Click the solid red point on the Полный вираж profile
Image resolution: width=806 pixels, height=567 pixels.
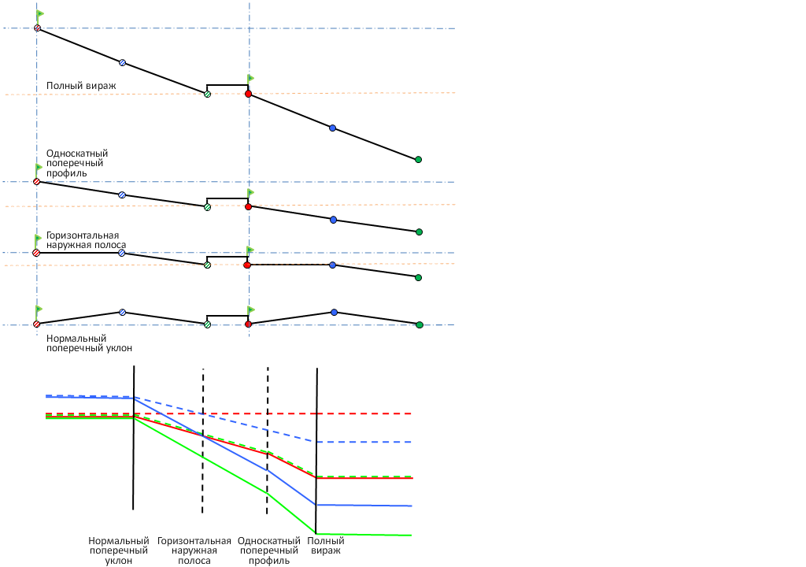point(248,94)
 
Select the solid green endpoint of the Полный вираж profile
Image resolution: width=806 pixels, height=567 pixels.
point(418,159)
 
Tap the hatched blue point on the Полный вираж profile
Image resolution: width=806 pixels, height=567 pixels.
point(122,62)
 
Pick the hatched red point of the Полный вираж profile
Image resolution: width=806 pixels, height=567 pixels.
point(37,28)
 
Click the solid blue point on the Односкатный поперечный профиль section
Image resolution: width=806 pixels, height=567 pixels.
point(333,220)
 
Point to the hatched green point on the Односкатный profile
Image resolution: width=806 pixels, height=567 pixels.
point(207,207)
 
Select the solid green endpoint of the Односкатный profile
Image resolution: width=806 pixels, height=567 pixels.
point(419,232)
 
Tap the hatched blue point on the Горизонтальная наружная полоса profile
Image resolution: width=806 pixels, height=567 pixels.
point(122,253)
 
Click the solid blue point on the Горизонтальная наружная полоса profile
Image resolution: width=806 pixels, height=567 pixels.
point(333,265)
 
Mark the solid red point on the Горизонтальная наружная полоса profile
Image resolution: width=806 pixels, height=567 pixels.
point(247,265)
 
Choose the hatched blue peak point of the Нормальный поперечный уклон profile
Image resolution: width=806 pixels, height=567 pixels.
point(122,312)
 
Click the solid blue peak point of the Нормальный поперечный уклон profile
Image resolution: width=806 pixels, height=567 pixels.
point(334,313)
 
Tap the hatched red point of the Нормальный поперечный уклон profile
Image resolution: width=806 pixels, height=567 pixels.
point(37,324)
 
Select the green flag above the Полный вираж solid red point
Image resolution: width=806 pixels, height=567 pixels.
point(251,78)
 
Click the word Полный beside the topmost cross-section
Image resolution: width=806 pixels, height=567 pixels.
point(61,85)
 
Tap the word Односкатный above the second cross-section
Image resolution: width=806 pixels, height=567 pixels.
point(77,154)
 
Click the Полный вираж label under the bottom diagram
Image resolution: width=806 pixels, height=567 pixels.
point(326,546)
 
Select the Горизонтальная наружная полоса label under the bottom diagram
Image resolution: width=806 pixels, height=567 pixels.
point(194,550)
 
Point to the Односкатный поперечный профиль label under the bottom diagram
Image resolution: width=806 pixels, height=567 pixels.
point(269,550)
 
